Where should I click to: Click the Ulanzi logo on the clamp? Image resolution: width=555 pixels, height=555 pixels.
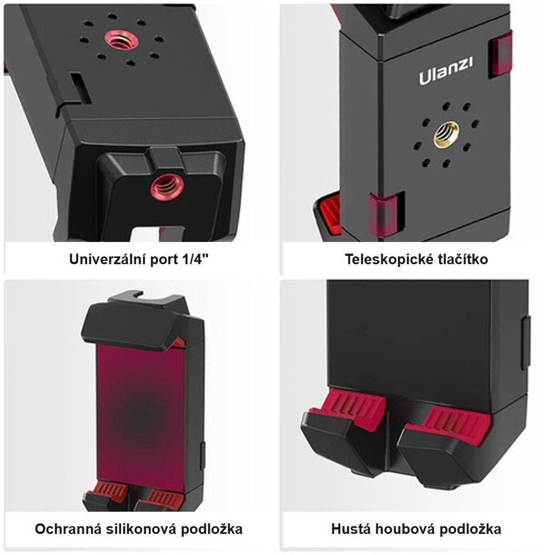pyautogui.click(x=446, y=70)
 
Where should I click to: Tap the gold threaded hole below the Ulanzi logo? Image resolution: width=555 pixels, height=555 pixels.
pyautogui.click(x=446, y=133)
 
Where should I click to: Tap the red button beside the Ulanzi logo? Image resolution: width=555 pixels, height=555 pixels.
pyautogui.click(x=500, y=54)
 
